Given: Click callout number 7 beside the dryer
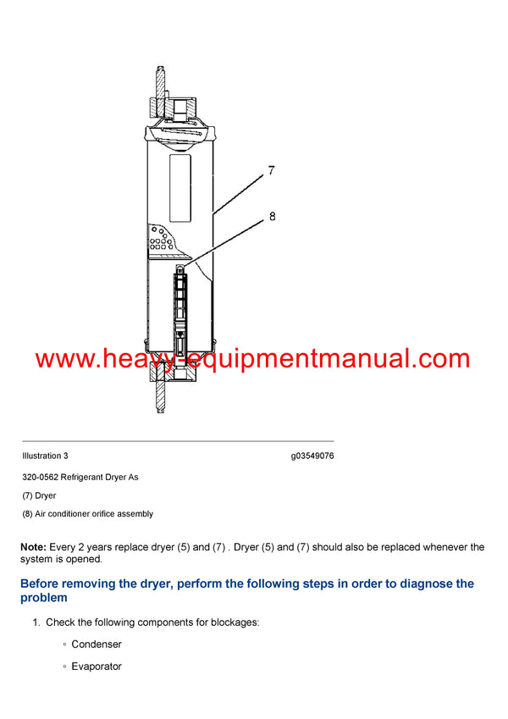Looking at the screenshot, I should (x=271, y=170).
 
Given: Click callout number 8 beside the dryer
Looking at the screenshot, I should (x=272, y=216).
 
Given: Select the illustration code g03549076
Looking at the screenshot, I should (x=312, y=456).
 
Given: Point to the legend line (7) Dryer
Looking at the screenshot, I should (x=39, y=495).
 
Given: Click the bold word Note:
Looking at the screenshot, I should (x=33, y=547).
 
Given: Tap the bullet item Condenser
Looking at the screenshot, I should (x=97, y=644).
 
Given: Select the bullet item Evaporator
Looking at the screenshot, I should (x=97, y=666).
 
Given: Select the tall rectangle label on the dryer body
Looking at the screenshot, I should (x=180, y=188).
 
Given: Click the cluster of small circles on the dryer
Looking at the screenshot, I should (x=158, y=241).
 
